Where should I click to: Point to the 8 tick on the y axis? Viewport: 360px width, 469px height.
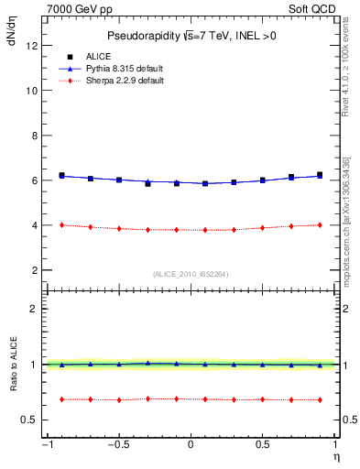(34, 136)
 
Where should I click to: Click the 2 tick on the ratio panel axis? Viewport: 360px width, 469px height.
(34, 309)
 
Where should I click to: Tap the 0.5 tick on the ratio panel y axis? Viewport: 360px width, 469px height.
(29, 420)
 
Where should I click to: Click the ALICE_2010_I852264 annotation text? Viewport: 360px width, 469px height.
(190, 274)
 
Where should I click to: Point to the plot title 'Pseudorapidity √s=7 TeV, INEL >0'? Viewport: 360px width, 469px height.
(190, 36)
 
